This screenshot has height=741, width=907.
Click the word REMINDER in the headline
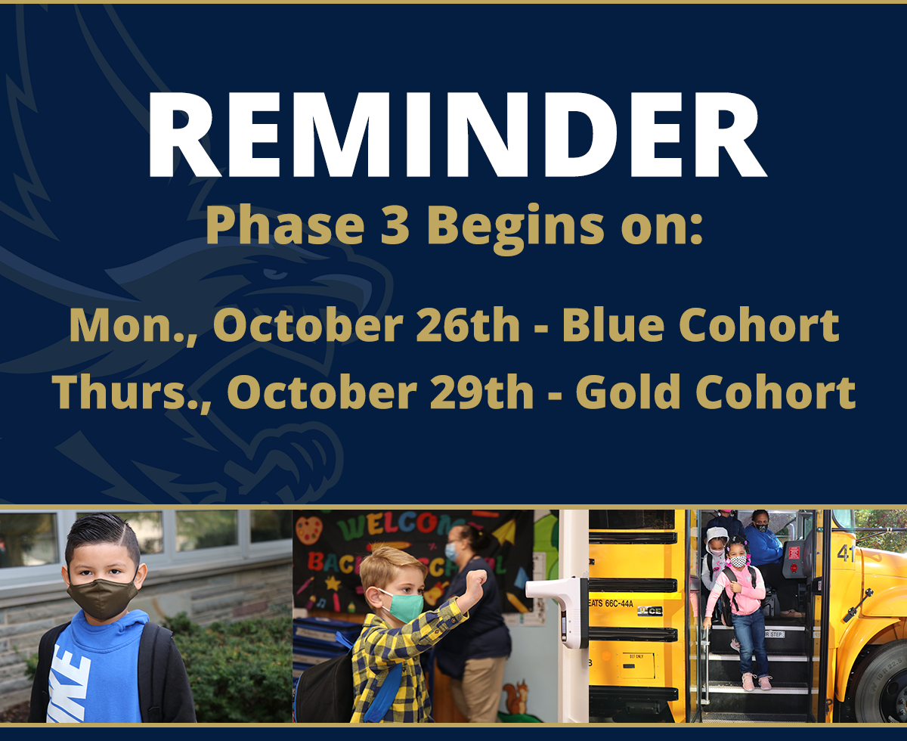(x=457, y=135)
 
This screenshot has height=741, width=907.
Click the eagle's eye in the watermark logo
(x=275, y=274)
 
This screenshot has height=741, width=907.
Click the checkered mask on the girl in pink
(x=738, y=561)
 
